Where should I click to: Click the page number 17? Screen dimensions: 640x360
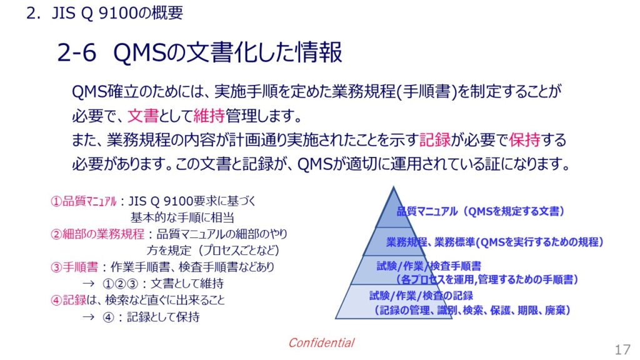coord(623,349)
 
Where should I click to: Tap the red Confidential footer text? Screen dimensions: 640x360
coord(321,342)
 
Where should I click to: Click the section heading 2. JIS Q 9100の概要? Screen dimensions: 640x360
coord(105,13)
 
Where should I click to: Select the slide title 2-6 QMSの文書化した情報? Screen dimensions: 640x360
coord(199,52)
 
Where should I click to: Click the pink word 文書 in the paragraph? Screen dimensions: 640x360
coord(143,116)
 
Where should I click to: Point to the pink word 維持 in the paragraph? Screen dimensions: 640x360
coord(209,116)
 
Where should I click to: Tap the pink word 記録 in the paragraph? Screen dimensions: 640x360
coord(435,140)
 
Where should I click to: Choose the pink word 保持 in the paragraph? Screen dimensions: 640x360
coord(525,140)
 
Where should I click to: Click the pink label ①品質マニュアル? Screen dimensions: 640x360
coord(83,201)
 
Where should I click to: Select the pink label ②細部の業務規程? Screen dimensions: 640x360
coord(97,234)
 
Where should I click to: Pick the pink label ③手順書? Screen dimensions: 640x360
coord(74,267)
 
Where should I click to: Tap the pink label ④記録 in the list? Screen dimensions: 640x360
coord(68,301)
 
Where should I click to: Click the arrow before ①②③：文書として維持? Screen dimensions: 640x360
coord(88,284)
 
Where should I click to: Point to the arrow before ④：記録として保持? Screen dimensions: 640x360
coord(88,317)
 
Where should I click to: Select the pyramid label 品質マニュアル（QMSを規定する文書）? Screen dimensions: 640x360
coord(481,211)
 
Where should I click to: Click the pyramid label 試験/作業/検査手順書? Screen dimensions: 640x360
coord(429,266)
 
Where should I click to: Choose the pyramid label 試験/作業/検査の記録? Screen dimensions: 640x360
coord(421,296)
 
